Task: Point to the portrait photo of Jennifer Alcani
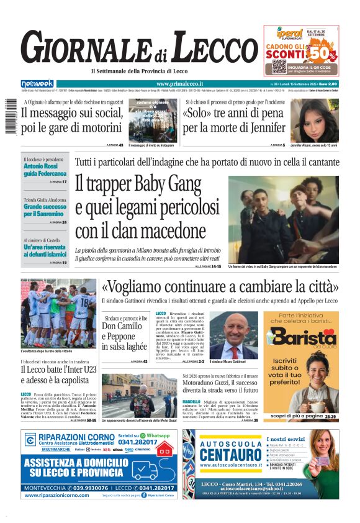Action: (315, 121)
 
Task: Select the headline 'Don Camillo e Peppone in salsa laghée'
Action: (125, 336)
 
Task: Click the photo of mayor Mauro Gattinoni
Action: (234, 335)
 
